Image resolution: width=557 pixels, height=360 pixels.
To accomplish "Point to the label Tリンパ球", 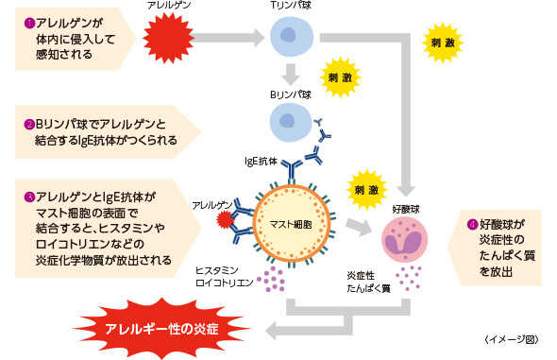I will coord(291,7).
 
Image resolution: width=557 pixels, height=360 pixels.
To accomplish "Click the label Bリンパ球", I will coord(291,94).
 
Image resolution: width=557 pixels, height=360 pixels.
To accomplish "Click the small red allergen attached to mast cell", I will coord(224,221).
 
